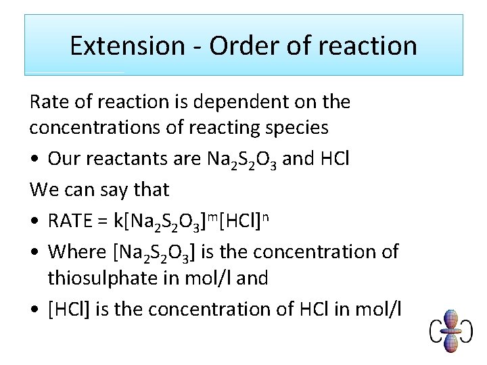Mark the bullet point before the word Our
tap(34, 159)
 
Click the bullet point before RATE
tap(34, 221)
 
